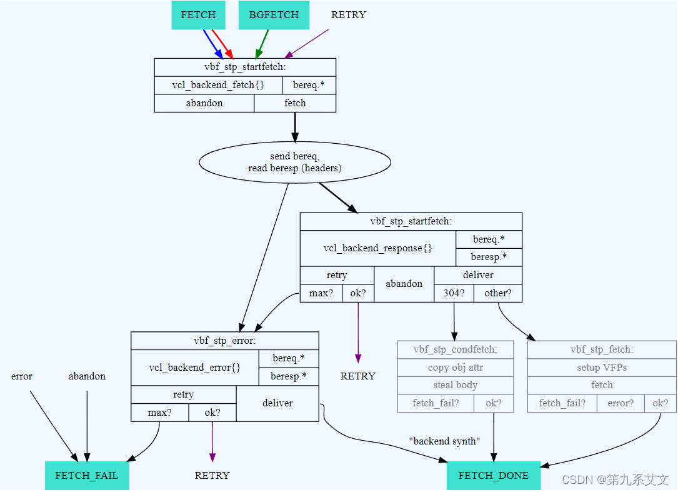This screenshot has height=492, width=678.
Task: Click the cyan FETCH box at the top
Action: [x=198, y=15]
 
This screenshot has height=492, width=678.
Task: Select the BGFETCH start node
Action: [x=274, y=15]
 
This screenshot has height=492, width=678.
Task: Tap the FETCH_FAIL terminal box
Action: [x=87, y=475]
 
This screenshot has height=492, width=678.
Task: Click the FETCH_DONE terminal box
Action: [x=493, y=475]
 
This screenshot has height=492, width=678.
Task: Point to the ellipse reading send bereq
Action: [x=295, y=162]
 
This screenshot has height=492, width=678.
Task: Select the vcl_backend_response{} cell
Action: [x=377, y=248]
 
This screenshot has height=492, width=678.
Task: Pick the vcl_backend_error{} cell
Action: [x=194, y=368]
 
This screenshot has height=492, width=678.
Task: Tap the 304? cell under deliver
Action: [x=454, y=293]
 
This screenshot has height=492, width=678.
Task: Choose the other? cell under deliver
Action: [x=497, y=293]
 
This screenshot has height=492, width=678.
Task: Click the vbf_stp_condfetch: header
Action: [x=455, y=349]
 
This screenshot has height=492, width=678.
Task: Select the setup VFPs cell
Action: [x=601, y=368]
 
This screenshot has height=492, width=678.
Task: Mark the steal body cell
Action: [x=455, y=385]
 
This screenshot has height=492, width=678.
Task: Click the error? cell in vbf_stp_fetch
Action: [x=621, y=403]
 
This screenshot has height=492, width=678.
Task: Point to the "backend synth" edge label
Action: [x=444, y=441]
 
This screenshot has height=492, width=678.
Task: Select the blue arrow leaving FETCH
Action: [x=212, y=43]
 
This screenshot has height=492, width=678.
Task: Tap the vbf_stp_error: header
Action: [x=224, y=341]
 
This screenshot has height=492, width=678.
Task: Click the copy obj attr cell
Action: [x=455, y=368]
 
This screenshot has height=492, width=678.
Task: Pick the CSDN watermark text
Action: [x=615, y=479]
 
